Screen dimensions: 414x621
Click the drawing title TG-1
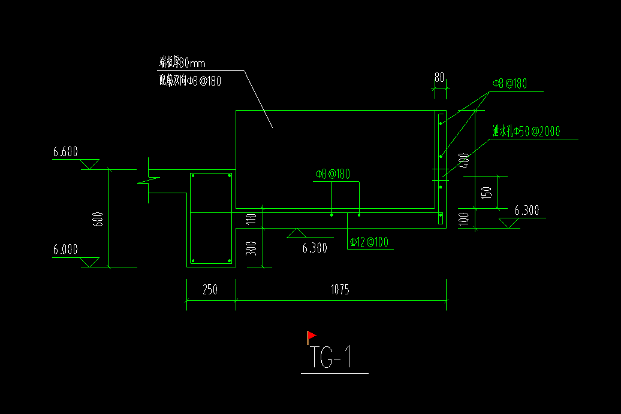[330, 358]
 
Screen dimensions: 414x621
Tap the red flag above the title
[310, 336]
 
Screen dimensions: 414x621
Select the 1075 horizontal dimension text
[340, 290]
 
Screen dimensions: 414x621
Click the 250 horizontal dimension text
[210, 290]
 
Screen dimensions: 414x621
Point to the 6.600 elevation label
[65, 153]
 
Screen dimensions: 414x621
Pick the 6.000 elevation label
[65, 250]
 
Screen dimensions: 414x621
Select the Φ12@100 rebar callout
[369, 242]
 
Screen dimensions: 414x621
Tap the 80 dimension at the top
[439, 77]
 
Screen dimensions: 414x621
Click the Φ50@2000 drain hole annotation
[526, 132]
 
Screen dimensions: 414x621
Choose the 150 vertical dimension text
[487, 193]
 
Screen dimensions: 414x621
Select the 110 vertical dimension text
[252, 219]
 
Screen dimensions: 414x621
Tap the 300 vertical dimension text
[252, 246]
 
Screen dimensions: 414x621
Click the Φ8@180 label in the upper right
[510, 84]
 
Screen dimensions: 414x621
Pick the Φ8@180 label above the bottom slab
[332, 175]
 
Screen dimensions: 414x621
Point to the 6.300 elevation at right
[527, 211]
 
